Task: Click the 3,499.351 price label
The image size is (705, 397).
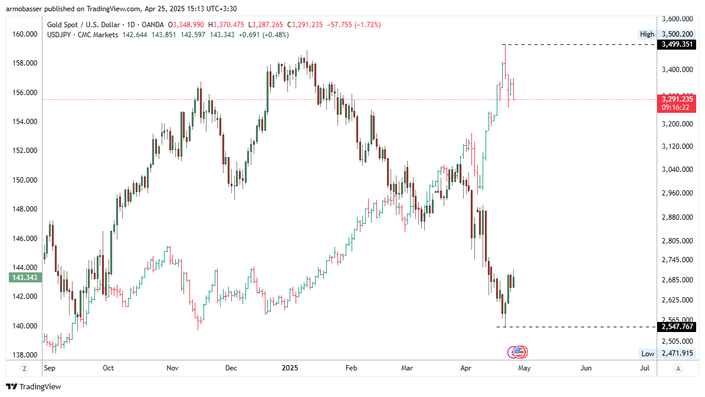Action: [x=677, y=44]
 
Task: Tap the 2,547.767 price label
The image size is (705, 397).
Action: [x=677, y=327]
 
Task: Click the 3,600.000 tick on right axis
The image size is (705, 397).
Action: [x=677, y=17]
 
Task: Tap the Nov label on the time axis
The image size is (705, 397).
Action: [x=172, y=368]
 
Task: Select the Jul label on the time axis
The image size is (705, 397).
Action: [x=644, y=368]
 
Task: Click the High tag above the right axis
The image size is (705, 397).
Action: [x=647, y=34]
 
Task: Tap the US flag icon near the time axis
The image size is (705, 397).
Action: [x=519, y=352]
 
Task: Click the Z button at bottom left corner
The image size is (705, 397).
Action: [x=24, y=369]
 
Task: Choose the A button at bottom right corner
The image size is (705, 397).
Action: [x=678, y=369]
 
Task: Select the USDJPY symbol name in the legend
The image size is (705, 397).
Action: [x=61, y=35]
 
